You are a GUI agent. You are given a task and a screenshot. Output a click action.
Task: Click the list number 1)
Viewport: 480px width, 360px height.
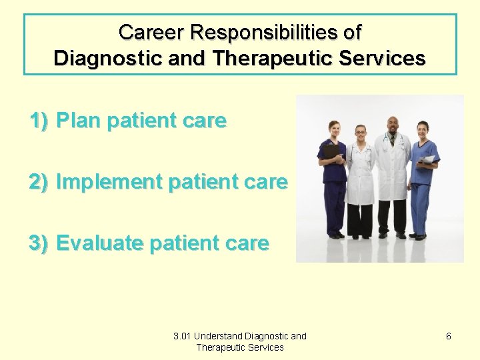[x=39, y=121]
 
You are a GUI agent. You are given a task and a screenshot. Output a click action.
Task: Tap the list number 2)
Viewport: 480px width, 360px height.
[x=39, y=182]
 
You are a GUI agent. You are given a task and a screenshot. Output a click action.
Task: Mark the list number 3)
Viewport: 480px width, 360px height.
[x=39, y=243]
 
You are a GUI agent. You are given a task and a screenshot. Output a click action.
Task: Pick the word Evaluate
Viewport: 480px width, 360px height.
[x=100, y=243]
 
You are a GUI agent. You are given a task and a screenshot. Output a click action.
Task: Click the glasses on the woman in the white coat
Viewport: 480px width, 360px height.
[x=361, y=132]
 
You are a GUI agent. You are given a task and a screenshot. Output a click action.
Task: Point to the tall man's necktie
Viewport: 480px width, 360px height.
[x=392, y=141]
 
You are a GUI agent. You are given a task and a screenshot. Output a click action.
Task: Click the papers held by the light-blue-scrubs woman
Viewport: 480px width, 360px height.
[x=428, y=159]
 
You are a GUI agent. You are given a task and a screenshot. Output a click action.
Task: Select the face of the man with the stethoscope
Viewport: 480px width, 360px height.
[x=392, y=124]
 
